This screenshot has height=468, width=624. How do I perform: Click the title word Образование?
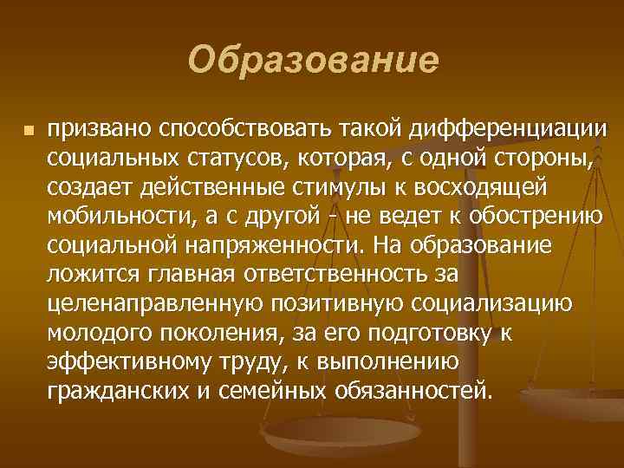(x=313, y=62)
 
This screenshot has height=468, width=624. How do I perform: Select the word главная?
(x=188, y=274)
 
